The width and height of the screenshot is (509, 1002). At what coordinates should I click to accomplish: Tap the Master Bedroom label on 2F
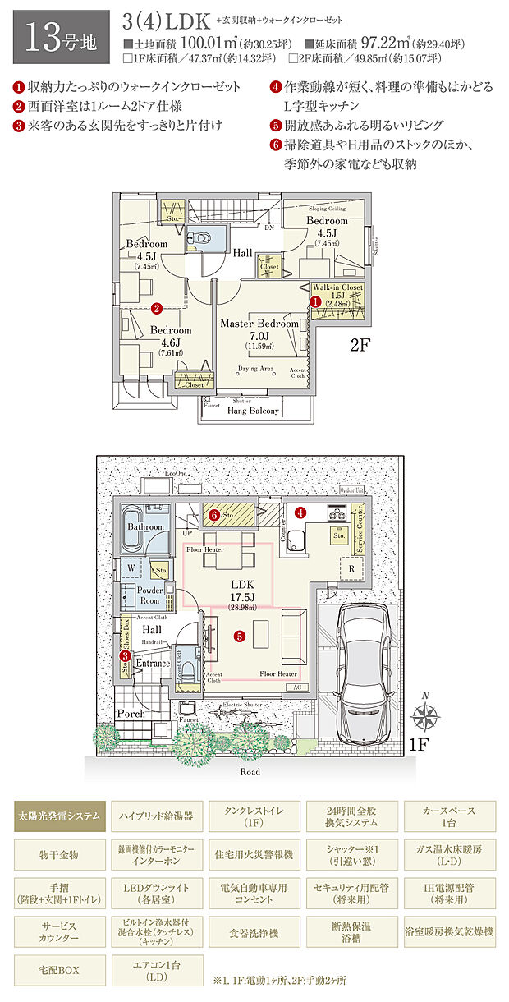(259, 324)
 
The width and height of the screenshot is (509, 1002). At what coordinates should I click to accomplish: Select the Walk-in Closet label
(337, 287)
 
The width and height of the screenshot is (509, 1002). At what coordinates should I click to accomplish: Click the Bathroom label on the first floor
(144, 526)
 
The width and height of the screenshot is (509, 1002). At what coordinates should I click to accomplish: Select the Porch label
(130, 714)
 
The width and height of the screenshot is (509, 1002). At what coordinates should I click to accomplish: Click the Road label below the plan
(250, 772)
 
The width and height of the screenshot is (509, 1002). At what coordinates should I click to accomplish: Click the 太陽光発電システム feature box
(59, 816)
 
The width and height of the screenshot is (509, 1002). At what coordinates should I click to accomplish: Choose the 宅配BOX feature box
(59, 970)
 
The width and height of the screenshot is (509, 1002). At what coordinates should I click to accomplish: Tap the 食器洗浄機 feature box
(254, 933)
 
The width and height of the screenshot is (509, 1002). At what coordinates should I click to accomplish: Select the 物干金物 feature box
(59, 855)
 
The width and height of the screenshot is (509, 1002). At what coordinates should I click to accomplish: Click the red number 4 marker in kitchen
(300, 512)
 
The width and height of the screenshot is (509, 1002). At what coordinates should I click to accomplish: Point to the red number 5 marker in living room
(239, 635)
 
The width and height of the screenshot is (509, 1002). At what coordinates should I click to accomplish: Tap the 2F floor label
(361, 346)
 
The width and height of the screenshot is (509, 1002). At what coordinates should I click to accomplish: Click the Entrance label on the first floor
(153, 663)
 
